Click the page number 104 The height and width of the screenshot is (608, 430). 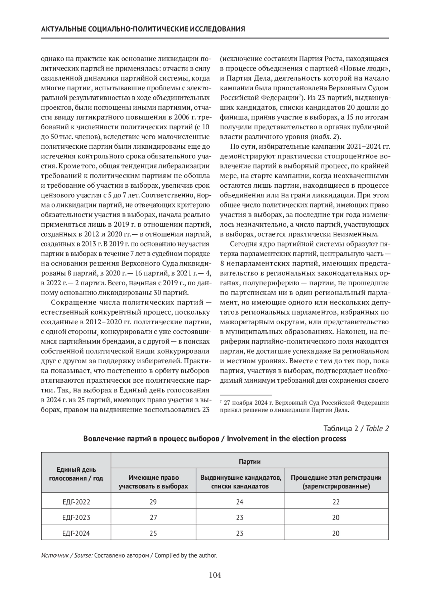[215, 575]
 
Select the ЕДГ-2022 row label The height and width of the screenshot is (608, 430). [76, 502]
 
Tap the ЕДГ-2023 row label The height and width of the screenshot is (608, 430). [76, 517]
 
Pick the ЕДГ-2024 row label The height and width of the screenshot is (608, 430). [76, 533]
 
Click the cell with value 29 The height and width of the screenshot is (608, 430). [153, 502]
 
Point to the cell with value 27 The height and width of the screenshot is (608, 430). [153, 517]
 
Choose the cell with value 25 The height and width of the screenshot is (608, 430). [153, 533]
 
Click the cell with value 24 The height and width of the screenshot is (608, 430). [240, 502]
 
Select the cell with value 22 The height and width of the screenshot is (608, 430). [336, 502]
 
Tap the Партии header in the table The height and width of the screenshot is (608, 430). [249, 461]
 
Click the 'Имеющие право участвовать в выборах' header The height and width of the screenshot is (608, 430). [153, 482]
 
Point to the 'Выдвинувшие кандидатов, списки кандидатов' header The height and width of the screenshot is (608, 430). [240, 482]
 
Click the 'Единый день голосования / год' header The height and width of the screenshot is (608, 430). [76, 474]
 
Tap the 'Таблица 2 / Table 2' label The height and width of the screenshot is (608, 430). [356, 429]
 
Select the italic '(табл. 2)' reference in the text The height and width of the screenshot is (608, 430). [324, 136]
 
